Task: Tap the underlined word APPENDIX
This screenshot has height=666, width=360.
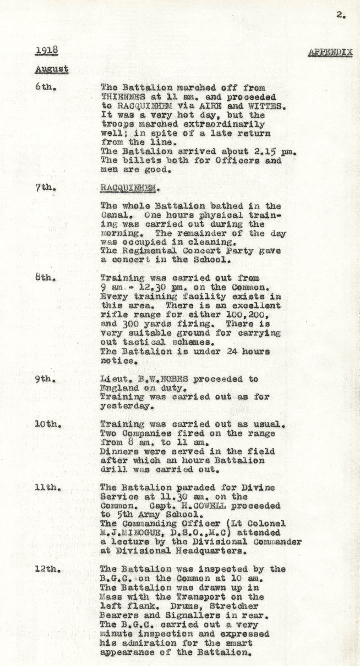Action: click(330, 52)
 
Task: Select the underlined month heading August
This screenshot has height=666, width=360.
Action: click(51, 69)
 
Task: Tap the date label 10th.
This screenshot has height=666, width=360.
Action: click(47, 425)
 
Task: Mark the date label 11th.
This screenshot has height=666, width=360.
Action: click(47, 488)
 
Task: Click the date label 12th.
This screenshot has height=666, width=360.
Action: click(47, 569)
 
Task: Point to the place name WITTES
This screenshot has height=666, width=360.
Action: click(258, 105)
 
